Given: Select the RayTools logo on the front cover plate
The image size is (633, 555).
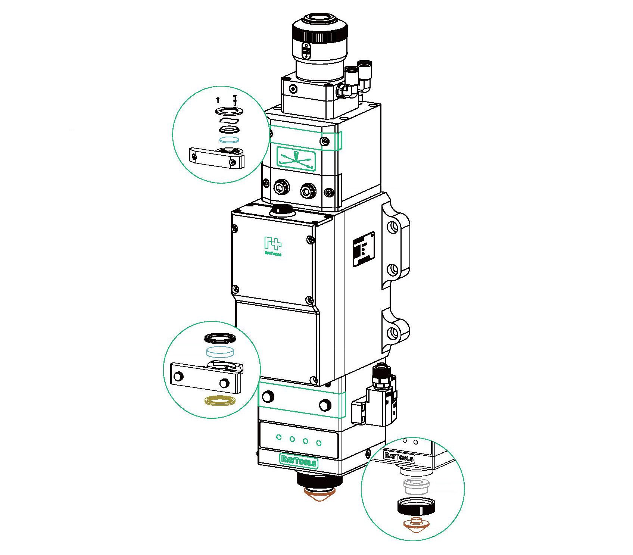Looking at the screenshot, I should pos(273,246).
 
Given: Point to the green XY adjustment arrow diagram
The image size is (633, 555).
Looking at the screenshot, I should pos(296,159).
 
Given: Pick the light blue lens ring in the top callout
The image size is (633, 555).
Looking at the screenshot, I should pos(229,140).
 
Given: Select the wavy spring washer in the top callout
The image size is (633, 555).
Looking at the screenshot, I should pos(229,121).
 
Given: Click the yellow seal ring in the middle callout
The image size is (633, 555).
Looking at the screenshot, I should pos(219,401).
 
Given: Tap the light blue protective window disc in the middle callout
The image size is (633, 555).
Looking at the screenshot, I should pos(220,352).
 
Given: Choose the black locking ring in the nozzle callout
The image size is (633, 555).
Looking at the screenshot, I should pos(415,506).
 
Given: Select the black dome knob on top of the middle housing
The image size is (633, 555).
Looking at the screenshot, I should pos(282,210).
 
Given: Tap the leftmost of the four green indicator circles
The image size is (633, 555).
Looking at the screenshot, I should pos(278,437).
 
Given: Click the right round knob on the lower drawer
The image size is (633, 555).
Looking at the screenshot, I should pos(325,405).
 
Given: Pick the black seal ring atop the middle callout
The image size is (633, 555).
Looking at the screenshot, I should pos(220,339).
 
